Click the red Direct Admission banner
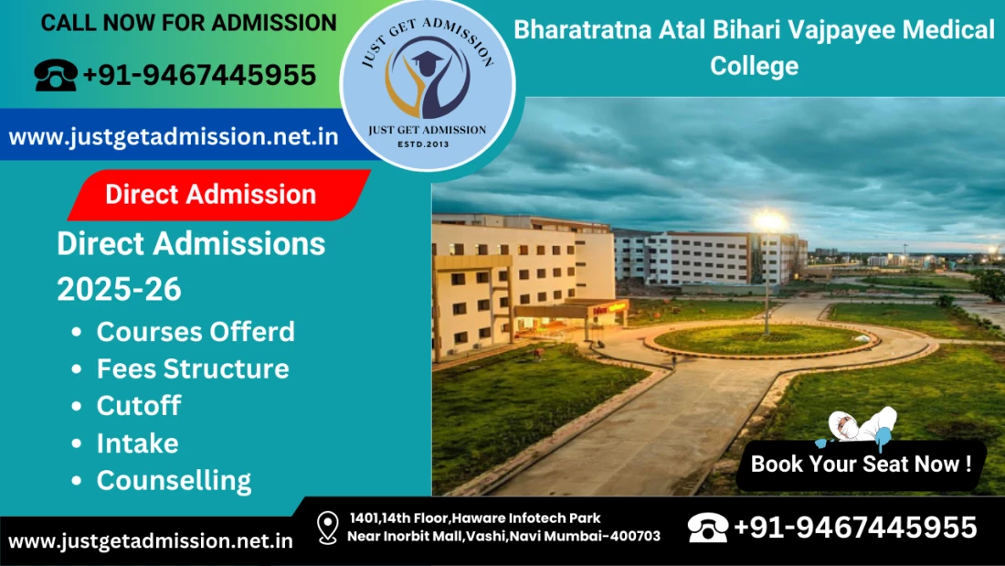pyautogui.click(x=219, y=195)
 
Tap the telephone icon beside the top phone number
pyautogui.click(x=56, y=75)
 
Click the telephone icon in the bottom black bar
pyautogui.click(x=707, y=528)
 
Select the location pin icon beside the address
pyautogui.click(x=327, y=528)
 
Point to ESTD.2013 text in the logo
pyautogui.click(x=423, y=144)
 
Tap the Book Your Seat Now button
pyautogui.click(x=861, y=464)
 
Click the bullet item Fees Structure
pyautogui.click(x=193, y=369)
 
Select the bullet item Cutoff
pyautogui.click(x=139, y=406)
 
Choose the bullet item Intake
pyautogui.click(x=138, y=443)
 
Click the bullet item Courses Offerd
pyautogui.click(x=196, y=332)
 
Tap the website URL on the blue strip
pyautogui.click(x=173, y=136)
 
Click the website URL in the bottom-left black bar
pyautogui.click(x=151, y=541)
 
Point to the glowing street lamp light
pyautogui.click(x=769, y=221)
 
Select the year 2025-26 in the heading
pyautogui.click(x=119, y=290)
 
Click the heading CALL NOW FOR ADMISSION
pyautogui.click(x=188, y=23)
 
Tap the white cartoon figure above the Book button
pyautogui.click(x=858, y=426)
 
